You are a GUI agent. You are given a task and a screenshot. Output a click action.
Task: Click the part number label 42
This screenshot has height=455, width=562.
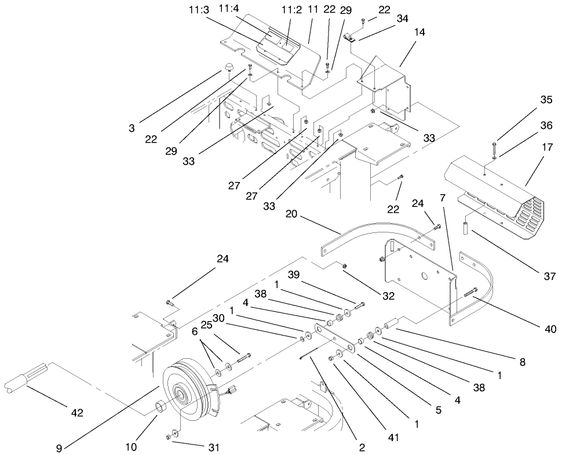pyautogui.click(x=77, y=413)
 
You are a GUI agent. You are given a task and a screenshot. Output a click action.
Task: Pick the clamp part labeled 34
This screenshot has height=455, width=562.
pyautogui.click(x=349, y=38)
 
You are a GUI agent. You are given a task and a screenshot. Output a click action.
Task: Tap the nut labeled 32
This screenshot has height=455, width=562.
pyautogui.click(x=344, y=266)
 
